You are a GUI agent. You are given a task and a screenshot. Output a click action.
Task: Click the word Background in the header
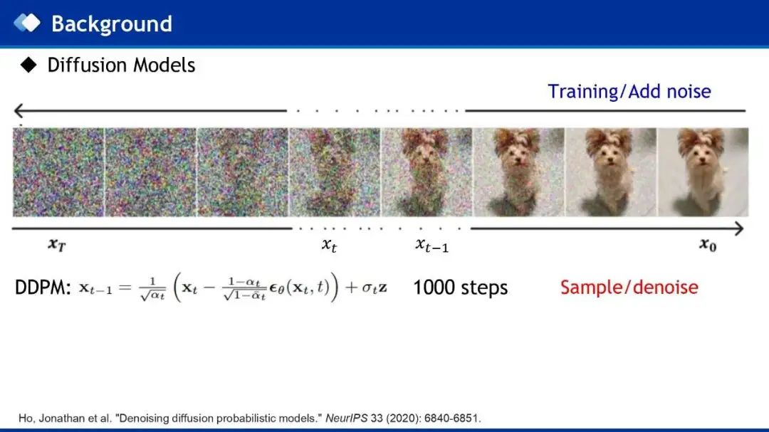pos(112,24)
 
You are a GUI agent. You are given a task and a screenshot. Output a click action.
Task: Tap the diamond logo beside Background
pos(27,23)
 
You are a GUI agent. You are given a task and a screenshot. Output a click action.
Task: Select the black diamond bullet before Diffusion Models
pos(29,65)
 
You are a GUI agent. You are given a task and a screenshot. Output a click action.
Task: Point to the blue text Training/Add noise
pos(629,92)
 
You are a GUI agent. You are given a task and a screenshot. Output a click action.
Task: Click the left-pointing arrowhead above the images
pos(19,111)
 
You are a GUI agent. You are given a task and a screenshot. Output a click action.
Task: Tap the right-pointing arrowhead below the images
pos(739,228)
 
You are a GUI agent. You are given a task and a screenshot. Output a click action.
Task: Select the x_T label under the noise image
pos(57,244)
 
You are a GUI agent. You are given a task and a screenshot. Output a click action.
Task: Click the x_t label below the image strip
pos(329,245)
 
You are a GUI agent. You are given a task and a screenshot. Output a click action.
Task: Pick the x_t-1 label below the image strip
pos(431,245)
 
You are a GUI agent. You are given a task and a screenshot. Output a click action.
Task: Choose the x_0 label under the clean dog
pos(708,244)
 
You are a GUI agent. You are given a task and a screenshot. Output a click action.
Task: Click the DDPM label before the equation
pos(43,288)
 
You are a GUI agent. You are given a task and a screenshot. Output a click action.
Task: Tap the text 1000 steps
pos(460,288)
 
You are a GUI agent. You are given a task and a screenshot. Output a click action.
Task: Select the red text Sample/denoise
pos(629,288)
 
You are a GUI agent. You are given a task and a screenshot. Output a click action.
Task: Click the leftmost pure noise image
pos(58,172)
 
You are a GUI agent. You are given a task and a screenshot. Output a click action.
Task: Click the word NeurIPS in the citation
pos(346,418)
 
